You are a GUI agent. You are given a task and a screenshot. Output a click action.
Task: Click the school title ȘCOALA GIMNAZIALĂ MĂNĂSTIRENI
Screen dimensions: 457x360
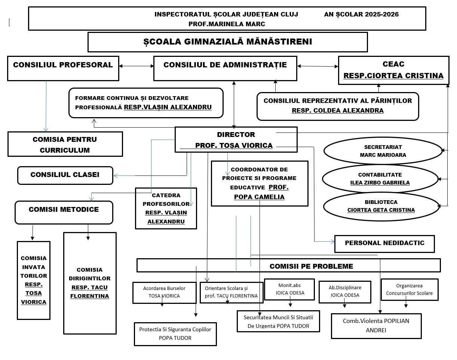coord(228,42)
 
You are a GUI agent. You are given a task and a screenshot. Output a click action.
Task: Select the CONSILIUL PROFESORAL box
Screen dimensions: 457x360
coord(63,68)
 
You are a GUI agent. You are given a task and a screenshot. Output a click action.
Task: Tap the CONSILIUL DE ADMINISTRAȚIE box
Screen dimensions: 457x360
coord(225,68)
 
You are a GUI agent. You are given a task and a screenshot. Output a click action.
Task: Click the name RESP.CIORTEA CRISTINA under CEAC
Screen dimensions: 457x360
coord(393,76)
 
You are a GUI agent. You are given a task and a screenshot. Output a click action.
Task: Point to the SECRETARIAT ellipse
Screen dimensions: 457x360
coord(383,151)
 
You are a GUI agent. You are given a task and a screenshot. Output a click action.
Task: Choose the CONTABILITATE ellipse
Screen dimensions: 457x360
coord(380,179)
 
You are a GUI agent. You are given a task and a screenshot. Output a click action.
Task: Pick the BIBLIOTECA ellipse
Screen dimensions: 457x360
coord(381,206)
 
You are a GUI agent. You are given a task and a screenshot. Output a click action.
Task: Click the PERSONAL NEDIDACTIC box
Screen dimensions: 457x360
coord(384,244)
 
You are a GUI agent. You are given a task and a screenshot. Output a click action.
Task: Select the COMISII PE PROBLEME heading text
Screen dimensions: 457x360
coord(311,266)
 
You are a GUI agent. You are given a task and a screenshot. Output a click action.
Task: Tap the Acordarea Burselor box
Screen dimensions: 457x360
coord(165,293)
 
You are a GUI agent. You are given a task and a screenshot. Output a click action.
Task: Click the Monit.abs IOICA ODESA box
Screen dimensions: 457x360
coord(289,289)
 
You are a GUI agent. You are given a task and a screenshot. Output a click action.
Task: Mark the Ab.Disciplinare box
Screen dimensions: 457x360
coord(345,292)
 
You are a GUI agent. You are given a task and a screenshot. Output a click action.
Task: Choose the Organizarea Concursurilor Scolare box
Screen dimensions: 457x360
coord(410,290)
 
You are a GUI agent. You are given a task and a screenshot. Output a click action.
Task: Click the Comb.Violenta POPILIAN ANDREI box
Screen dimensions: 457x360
coord(376,326)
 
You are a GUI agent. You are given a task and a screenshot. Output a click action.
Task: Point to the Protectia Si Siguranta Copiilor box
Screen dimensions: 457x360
coord(175,334)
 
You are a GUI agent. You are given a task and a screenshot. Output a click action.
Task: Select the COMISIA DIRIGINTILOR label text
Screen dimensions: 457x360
coord(90,274)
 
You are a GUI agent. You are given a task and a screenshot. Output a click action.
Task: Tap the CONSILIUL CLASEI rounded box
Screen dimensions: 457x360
coord(65,176)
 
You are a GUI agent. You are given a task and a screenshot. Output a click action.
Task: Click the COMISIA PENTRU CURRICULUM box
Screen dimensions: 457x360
coord(65,144)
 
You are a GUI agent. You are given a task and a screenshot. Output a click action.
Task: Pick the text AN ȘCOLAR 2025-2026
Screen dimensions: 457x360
coord(361,14)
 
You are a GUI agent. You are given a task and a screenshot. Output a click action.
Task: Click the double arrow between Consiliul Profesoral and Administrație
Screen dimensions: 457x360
coord(137,66)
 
